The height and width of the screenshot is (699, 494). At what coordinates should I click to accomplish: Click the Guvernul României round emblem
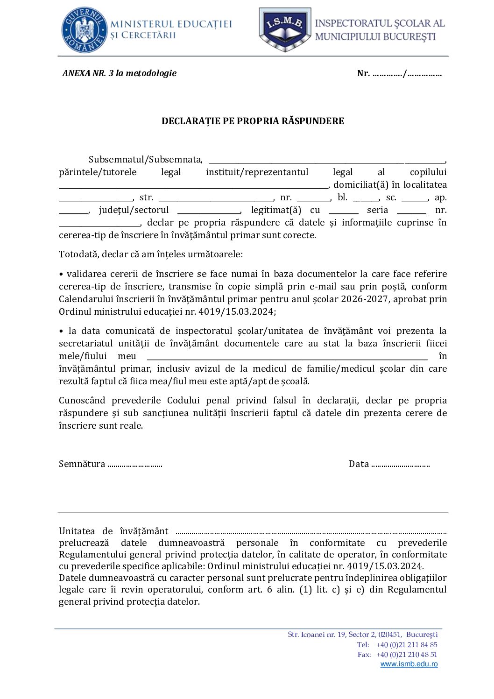point(85,30)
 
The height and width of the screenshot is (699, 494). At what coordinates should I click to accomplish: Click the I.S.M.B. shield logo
point(285,29)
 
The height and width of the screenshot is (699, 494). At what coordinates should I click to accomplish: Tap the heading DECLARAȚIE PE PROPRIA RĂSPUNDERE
point(253,121)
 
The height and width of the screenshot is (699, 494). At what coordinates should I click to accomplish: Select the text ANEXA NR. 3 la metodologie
point(120,73)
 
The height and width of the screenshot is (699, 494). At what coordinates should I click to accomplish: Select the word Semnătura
point(82,464)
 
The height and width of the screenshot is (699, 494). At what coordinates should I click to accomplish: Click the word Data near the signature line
point(359,464)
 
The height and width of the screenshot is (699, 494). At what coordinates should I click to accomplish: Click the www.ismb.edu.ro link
point(409,664)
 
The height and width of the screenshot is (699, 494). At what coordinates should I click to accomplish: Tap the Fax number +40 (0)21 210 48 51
point(407,655)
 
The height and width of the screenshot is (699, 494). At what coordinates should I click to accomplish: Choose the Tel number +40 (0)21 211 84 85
point(407,645)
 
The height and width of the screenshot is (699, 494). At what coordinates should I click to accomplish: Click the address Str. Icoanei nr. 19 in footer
point(317,635)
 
